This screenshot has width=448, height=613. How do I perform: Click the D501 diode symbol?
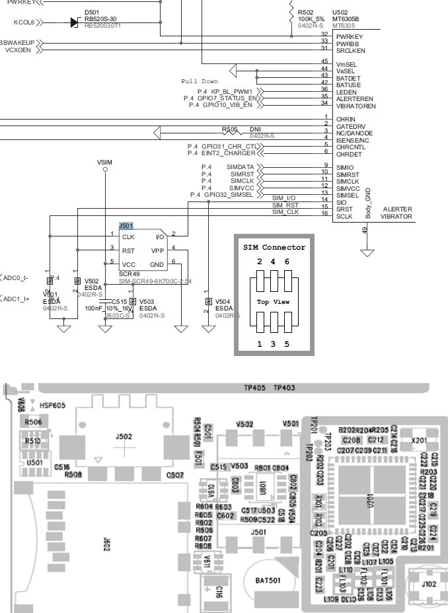(74, 22)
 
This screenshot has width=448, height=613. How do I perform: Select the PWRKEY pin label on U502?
(350, 36)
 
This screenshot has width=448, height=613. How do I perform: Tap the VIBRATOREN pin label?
(356, 106)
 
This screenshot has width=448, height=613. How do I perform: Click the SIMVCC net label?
(240, 188)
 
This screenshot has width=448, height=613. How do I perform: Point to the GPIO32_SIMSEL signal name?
(228, 195)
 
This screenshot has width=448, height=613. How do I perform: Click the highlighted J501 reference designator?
(126, 226)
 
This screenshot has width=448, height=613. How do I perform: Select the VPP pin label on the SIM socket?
(157, 251)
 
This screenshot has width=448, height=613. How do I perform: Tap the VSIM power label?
(104, 162)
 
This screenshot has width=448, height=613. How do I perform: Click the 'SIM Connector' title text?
(274, 247)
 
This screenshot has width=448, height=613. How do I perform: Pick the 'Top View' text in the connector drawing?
(274, 302)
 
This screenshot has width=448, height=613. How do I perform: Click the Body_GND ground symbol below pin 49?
(367, 252)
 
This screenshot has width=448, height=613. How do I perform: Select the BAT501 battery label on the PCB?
(268, 581)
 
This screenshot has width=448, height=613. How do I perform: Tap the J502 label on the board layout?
(124, 436)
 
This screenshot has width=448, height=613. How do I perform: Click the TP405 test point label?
(254, 388)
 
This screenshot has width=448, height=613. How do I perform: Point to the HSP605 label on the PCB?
(52, 405)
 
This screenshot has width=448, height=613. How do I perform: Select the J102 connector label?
(429, 583)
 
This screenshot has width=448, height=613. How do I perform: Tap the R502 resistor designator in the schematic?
(306, 12)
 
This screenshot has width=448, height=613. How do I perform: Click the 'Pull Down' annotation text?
(199, 81)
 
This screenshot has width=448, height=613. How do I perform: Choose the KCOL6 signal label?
(24, 22)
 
